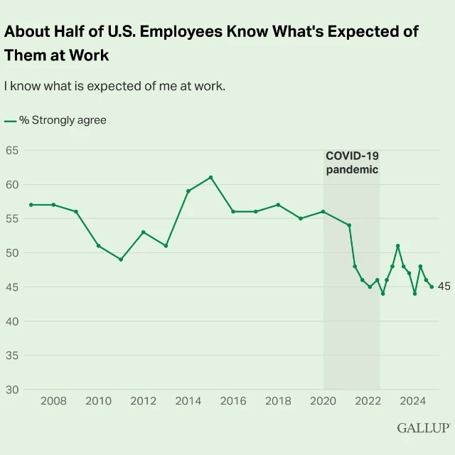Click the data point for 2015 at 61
210,177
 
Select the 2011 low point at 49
121,259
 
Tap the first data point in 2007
31,205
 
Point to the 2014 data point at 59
188,191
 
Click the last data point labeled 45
432,287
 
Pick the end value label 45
444,287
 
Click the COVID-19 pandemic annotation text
352,163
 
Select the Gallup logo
424,428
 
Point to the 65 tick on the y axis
11,150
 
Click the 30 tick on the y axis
11,390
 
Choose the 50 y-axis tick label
11,253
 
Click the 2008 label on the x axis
53,401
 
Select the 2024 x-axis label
414,401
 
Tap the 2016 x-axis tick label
233,401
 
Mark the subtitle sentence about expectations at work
114,86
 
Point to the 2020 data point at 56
323,212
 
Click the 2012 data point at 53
144,232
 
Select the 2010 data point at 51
98,246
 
